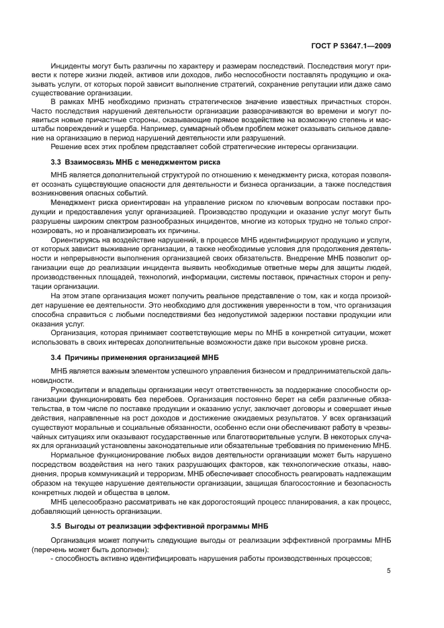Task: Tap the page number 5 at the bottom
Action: click(389, 572)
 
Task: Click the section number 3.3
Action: click(56, 162)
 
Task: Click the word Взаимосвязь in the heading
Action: click(88, 162)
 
